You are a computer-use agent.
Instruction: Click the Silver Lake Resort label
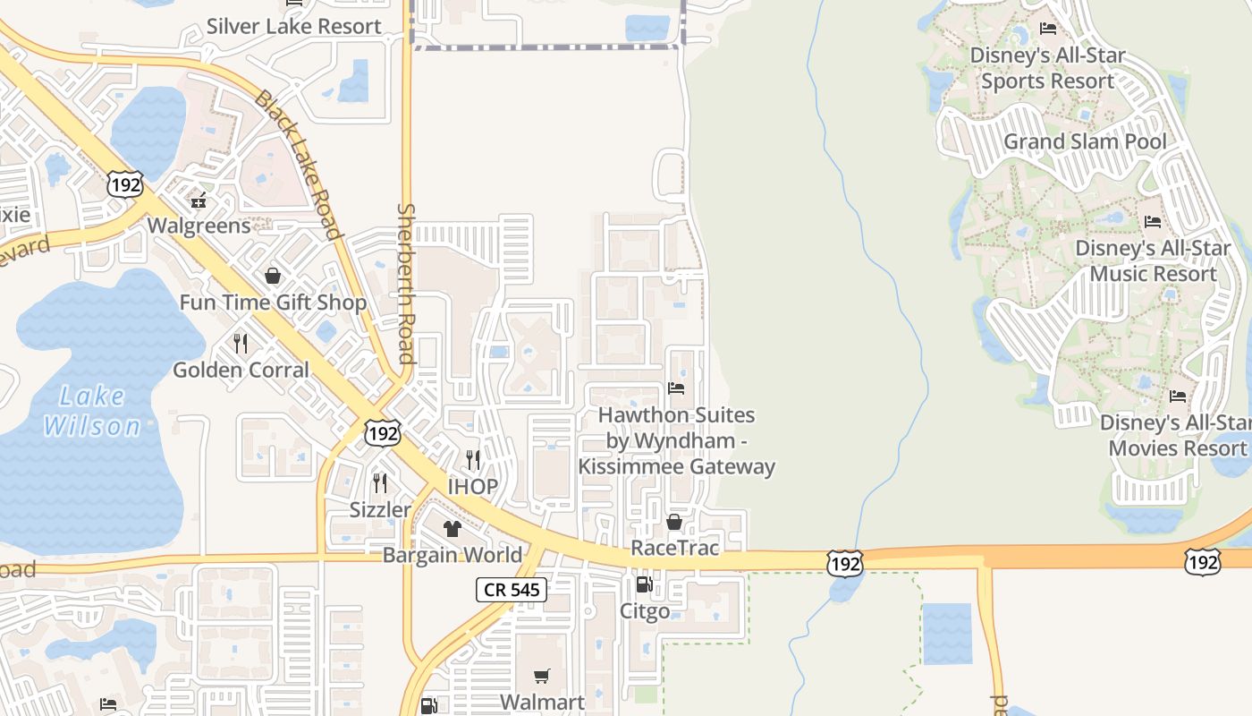click(294, 27)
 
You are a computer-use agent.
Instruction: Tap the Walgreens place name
click(199, 226)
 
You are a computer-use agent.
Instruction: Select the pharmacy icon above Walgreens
click(199, 199)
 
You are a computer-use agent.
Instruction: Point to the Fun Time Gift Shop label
click(273, 303)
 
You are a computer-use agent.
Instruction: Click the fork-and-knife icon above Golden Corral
click(241, 343)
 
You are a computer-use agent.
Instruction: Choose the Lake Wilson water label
click(93, 411)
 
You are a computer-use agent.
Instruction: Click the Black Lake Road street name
click(298, 165)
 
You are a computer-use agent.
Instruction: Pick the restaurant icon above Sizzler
click(380, 483)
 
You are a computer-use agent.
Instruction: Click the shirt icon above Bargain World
click(453, 529)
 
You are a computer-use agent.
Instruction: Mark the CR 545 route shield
click(511, 589)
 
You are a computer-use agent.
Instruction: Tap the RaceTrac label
click(675, 548)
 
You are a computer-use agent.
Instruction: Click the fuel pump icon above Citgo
click(644, 585)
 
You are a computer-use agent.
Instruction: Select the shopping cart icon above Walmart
click(542, 676)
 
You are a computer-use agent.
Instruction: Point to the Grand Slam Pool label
click(1085, 141)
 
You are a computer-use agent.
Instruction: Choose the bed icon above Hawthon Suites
click(676, 388)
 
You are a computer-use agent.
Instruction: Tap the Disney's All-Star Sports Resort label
click(1047, 68)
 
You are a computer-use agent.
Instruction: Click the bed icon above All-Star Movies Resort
click(1178, 396)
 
